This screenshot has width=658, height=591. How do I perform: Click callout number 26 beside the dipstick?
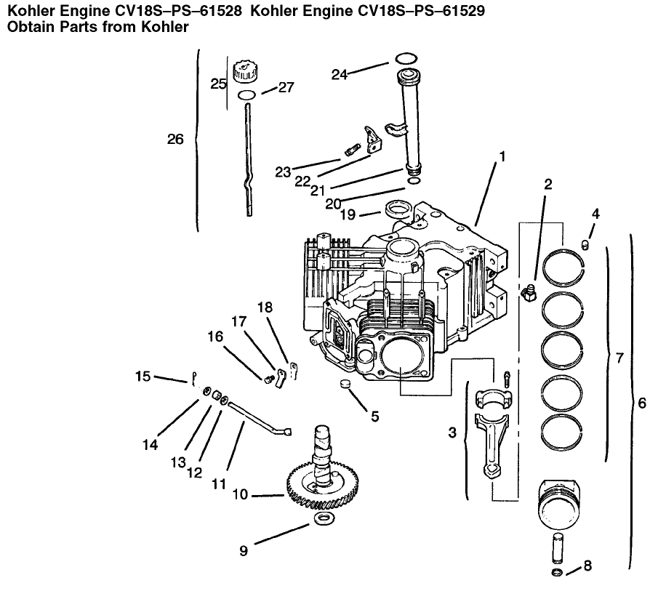pyautogui.click(x=175, y=139)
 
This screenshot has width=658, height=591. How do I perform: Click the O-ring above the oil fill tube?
pyautogui.click(x=406, y=58)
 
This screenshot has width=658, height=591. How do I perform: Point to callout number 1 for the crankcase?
pyautogui.click(x=502, y=156)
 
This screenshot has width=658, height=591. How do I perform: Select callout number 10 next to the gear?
pyautogui.click(x=241, y=494)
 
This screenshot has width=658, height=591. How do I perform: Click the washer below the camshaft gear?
pyautogui.click(x=323, y=519)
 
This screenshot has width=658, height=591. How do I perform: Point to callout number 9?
pyautogui.click(x=244, y=551)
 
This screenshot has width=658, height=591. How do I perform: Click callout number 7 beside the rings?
pyautogui.click(x=619, y=358)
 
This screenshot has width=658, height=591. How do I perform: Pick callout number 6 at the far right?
pyautogui.click(x=642, y=402)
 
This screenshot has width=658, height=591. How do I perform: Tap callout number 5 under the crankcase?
pyautogui.click(x=374, y=417)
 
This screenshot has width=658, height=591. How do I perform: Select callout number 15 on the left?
pyautogui.click(x=143, y=376)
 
